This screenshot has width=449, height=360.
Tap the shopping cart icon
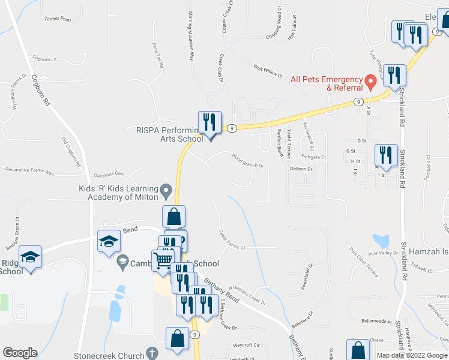tap(163, 261)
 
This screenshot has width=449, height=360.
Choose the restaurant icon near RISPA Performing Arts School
tap(209, 123)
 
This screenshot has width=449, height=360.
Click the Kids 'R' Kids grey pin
tap(166, 191)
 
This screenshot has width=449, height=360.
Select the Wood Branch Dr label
tap(248, 160)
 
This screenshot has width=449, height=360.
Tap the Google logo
tap(20, 353)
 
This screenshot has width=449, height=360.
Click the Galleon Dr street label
tap(302, 169)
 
